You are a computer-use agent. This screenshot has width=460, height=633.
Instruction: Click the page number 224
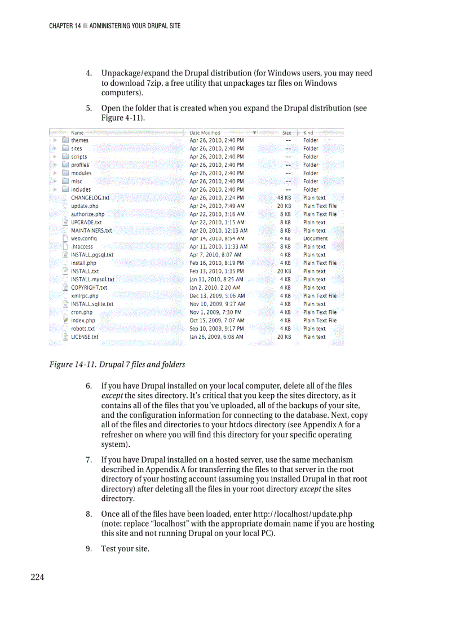pos(37,577)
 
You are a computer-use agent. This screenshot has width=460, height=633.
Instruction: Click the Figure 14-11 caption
pos(117,364)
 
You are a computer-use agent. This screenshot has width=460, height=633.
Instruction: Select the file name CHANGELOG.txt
pos(90,198)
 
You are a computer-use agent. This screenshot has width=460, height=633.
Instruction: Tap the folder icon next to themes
pos(65,140)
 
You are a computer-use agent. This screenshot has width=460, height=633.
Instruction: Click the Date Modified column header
pos(205,132)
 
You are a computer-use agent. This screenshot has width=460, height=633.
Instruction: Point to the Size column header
pos(286,132)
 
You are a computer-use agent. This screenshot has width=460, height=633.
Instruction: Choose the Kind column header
pos(308,132)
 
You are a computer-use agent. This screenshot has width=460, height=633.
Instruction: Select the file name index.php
pos(83,320)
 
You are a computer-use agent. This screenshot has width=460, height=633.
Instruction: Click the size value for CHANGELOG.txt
pos(284,198)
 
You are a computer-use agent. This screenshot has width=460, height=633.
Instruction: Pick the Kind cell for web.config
pos(315,238)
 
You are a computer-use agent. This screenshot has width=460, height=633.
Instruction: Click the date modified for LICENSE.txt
pos(216,337)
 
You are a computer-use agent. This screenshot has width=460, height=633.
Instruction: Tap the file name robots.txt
pos(83,329)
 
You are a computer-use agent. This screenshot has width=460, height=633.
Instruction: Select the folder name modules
pos(81,173)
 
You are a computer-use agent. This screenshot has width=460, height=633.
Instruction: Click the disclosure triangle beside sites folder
pos(54,149)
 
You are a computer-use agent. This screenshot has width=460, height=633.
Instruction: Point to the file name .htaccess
pos(82,246)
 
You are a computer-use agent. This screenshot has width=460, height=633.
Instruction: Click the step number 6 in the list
pos(89,386)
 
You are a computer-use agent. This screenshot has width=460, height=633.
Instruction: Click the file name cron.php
pos(82,312)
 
